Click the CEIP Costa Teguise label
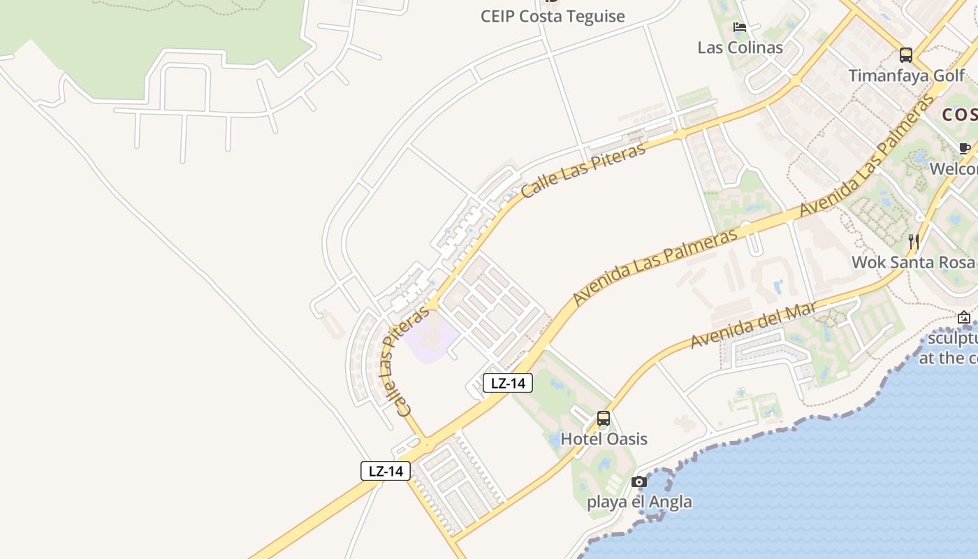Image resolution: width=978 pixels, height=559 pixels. [x=553, y=16]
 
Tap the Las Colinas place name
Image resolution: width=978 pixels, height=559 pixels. [x=740, y=48]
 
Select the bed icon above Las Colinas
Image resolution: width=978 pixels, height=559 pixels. [x=740, y=27]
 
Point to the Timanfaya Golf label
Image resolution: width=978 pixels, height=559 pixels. [x=906, y=75]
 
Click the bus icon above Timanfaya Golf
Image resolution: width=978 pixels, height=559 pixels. [x=906, y=55]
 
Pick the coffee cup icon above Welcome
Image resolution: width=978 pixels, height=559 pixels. [x=965, y=148]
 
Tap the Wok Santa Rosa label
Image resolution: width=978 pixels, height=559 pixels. [x=912, y=262]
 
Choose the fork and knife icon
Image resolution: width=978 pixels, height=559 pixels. [x=913, y=242]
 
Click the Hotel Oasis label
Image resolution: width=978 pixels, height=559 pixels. [x=604, y=439]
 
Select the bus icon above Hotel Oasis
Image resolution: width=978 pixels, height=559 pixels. [x=604, y=419]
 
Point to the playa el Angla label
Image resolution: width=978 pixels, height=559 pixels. [x=639, y=502]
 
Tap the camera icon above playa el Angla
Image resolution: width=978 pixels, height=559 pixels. [x=638, y=481]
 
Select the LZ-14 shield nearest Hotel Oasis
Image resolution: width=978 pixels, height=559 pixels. [x=509, y=383]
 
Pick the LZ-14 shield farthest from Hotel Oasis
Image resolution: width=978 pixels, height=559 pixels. [x=386, y=471]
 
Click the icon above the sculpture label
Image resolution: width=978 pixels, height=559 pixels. [x=964, y=318]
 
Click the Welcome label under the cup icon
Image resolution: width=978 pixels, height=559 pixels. [x=954, y=169]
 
